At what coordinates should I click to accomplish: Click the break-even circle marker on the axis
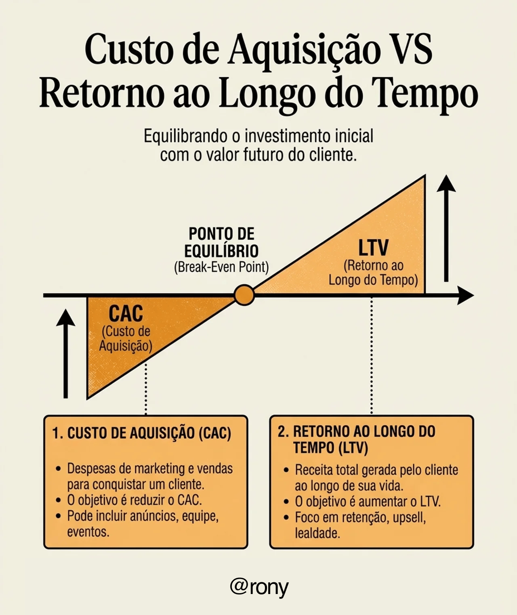click(244, 295)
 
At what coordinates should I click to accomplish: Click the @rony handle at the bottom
click(259, 587)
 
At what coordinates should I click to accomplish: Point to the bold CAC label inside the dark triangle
click(126, 313)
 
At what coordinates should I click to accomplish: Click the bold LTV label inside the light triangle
click(373, 248)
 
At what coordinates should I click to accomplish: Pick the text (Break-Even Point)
click(221, 267)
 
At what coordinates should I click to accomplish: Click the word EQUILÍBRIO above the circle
click(221, 251)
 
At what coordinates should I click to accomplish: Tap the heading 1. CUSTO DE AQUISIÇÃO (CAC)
click(141, 433)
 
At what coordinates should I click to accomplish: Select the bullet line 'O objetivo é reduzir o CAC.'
click(134, 500)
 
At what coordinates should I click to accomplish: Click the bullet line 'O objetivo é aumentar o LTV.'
click(368, 502)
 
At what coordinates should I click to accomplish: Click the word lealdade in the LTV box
click(317, 533)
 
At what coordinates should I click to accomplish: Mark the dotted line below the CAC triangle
click(146, 388)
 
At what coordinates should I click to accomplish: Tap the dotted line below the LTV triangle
click(372, 355)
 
